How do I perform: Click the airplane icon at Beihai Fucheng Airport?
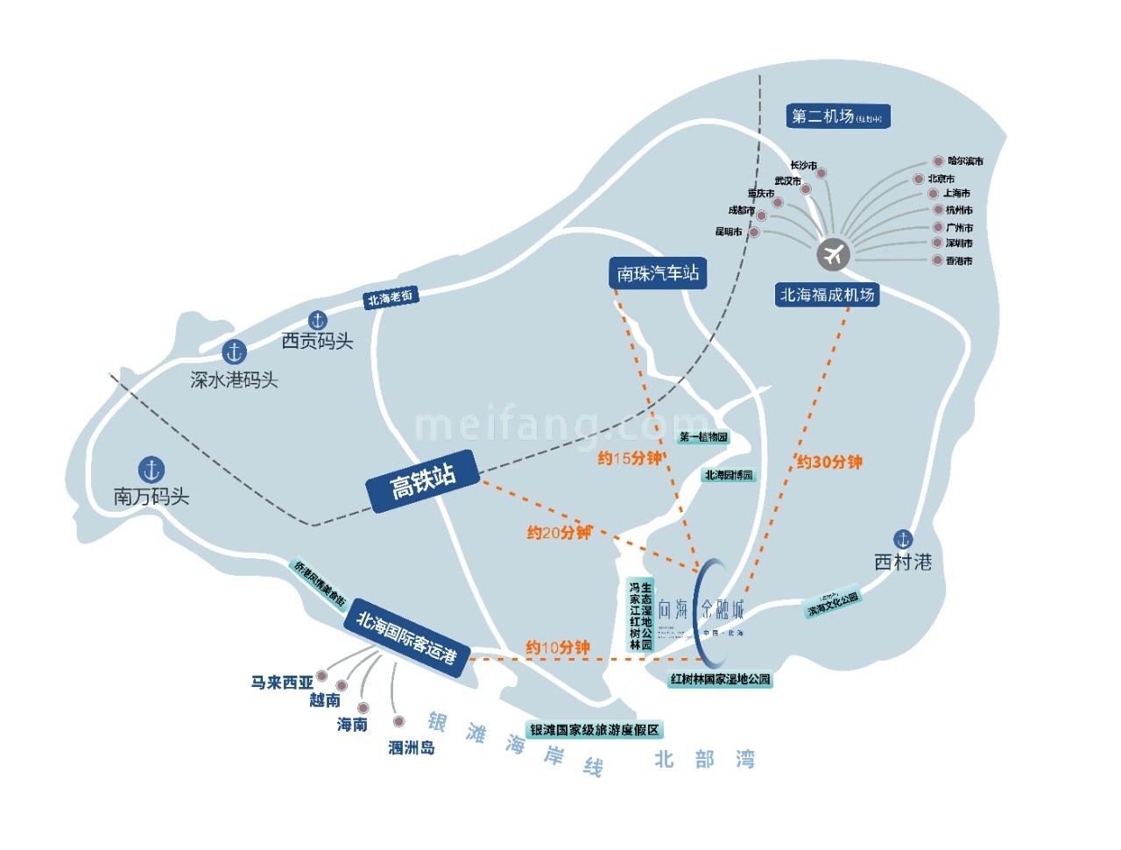click(834, 254)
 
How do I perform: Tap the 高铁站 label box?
click(423, 480)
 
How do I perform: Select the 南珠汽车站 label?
click(658, 273)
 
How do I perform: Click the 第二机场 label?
click(837, 116)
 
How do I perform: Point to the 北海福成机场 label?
click(827, 295)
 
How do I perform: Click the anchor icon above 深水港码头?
click(234, 352)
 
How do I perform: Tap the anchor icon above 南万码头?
click(152, 469)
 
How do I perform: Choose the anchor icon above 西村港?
click(903, 539)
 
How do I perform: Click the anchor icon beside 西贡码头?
click(318, 320)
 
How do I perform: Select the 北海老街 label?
click(390, 298)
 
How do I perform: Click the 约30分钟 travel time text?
click(828, 462)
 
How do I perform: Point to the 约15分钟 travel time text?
click(630, 457)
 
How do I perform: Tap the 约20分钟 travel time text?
click(559, 532)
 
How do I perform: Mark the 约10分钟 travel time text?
click(558, 648)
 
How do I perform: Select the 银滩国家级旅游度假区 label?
click(595, 729)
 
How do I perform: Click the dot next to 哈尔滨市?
click(938, 161)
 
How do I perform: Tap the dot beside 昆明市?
click(754, 232)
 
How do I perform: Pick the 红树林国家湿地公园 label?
click(720, 679)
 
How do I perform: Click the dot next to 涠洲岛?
click(398, 721)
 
